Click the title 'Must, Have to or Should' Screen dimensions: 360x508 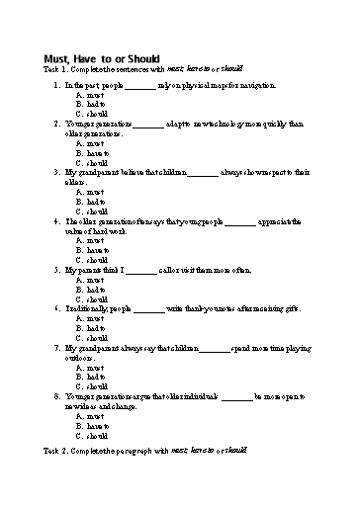point(102,58)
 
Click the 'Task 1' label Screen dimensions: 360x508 point(56,69)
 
